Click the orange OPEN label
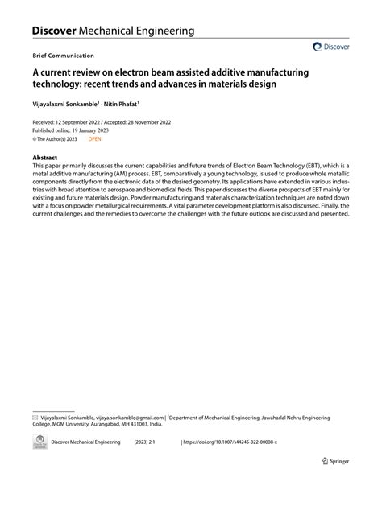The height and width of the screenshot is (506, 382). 95,138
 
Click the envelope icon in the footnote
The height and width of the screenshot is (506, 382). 35,418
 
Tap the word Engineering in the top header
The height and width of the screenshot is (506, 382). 159,31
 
